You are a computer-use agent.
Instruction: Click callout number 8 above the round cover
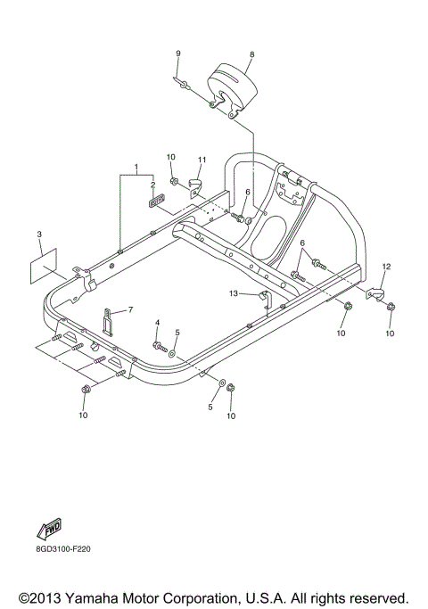[252, 54]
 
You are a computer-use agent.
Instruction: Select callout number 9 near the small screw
[178, 54]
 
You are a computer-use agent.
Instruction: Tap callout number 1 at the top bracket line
[136, 167]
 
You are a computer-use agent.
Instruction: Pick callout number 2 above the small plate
[152, 185]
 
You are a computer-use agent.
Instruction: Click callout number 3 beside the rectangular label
[39, 235]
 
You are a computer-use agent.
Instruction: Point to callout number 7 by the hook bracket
[130, 309]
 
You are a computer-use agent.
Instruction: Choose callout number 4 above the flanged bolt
[157, 322]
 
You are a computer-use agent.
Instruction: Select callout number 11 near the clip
[202, 160]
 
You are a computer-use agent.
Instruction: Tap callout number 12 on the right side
[387, 266]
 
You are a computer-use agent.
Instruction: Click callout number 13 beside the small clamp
[233, 292]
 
